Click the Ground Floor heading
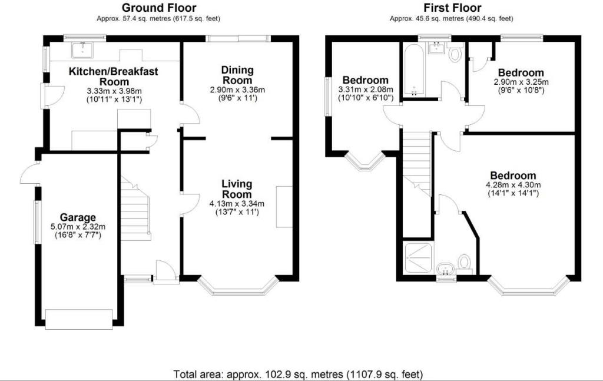tap(159, 7)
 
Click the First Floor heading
tap(452, 7)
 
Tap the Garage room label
tap(78, 218)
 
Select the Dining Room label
tap(237, 75)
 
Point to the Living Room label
tap(237, 189)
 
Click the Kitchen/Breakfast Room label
tap(114, 77)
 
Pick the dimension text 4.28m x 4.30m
tap(513, 185)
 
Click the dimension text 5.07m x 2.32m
tap(78, 227)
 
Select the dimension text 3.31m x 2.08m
tap(365, 90)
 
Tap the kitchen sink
tap(82, 50)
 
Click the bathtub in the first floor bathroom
tap(413, 69)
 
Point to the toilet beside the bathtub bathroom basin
tap(456, 54)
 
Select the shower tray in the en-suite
tap(418, 258)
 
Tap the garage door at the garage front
tap(79, 319)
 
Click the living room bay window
tap(238, 286)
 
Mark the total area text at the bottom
tap(299, 374)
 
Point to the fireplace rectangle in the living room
tap(284, 207)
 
